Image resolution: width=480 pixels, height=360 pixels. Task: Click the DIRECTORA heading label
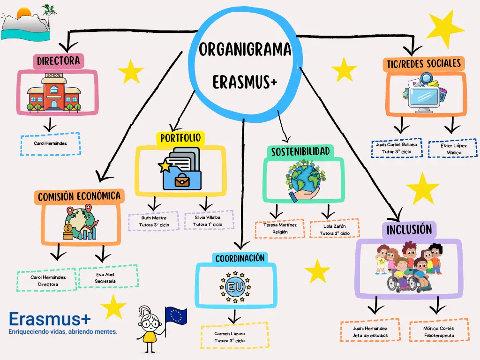(x=59, y=60)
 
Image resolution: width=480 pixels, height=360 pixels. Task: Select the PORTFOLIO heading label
(x=180, y=138)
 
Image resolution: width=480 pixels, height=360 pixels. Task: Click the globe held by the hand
(x=303, y=178)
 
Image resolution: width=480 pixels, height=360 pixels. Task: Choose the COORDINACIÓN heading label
(x=240, y=258)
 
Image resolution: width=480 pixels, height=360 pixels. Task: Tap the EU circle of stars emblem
(x=235, y=286)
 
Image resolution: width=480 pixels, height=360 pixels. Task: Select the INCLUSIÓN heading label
(x=409, y=230)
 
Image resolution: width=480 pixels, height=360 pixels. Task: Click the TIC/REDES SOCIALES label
(x=423, y=63)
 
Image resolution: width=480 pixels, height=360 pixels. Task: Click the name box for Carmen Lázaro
(x=234, y=337)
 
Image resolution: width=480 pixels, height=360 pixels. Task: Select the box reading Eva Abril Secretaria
(x=108, y=277)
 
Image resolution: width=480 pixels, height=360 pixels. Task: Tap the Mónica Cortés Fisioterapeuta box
(x=439, y=331)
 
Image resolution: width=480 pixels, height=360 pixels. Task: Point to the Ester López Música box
(x=453, y=149)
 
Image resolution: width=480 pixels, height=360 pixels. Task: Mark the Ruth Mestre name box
(x=154, y=221)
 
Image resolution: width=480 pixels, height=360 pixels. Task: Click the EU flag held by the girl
(x=176, y=316)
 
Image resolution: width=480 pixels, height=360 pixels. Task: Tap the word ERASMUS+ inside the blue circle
(x=245, y=82)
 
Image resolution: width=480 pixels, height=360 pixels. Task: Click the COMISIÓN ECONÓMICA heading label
(x=79, y=196)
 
